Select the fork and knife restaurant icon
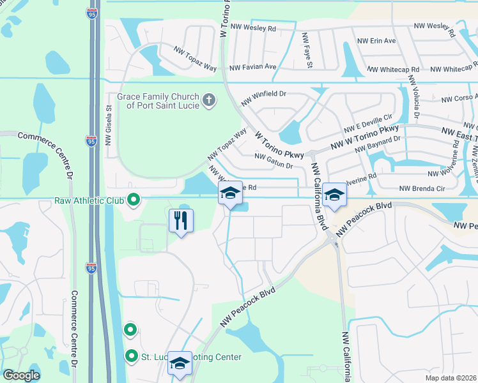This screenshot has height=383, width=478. point(181,221)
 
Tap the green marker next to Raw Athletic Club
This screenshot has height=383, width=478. point(134,200)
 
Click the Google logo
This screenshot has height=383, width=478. point(22,375)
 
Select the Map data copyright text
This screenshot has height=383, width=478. point(451,377)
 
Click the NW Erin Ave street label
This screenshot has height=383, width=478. point(377,41)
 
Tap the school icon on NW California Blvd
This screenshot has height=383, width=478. point(334,194)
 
